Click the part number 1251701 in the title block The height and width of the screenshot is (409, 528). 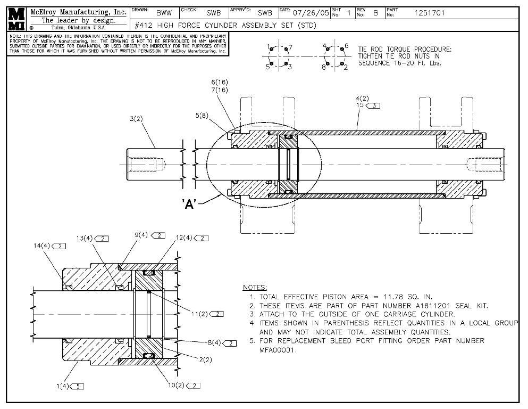(430, 13)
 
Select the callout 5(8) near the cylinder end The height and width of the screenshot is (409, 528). (203, 115)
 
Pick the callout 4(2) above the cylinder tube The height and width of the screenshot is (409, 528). (362, 99)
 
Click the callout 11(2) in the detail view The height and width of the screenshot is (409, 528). (200, 314)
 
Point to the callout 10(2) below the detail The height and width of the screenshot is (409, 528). (177, 386)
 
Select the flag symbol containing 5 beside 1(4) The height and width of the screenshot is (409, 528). (78, 386)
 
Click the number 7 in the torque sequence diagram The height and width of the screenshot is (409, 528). (290, 47)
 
